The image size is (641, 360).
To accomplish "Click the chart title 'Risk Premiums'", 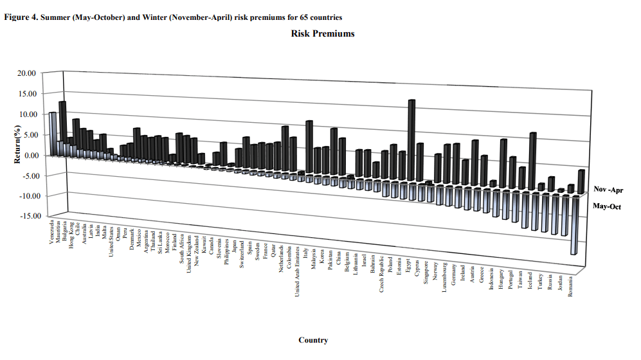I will (323, 33).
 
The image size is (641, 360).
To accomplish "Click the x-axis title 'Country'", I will (313, 340).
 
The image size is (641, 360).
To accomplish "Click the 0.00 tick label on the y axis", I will (28, 155).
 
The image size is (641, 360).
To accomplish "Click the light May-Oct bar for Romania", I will (575, 225).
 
